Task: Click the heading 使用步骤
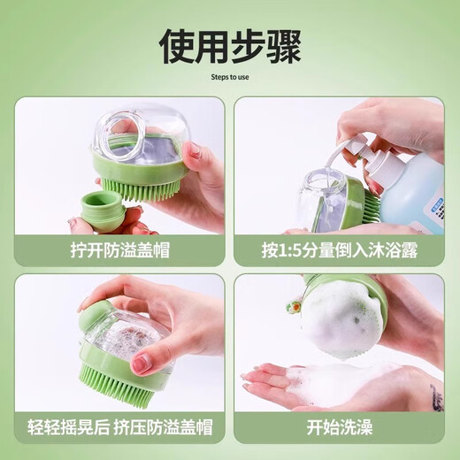coord(229,45)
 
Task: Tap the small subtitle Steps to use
coord(229,78)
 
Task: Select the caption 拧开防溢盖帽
coord(119,249)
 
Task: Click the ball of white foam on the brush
coord(341,319)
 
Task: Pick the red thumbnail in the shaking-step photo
coord(141,363)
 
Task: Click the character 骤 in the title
coord(280,45)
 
